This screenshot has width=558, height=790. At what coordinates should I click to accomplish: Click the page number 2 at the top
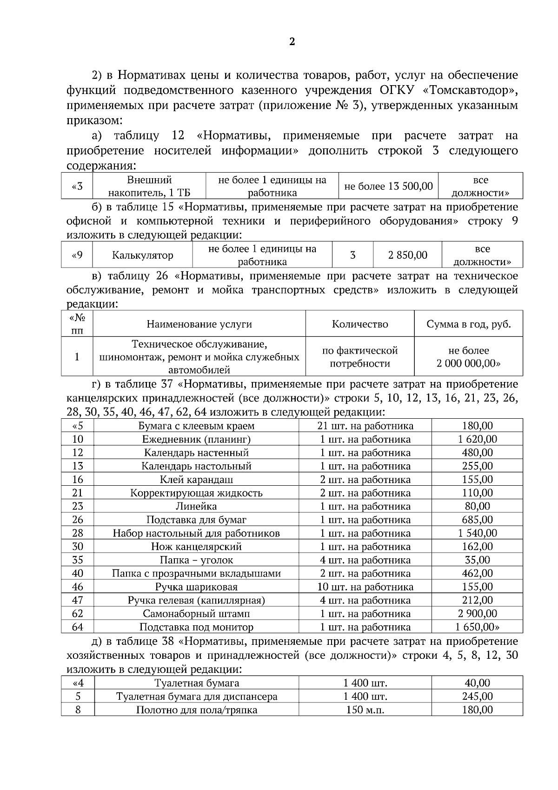(292, 42)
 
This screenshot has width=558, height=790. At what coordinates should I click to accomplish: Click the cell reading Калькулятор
(142, 255)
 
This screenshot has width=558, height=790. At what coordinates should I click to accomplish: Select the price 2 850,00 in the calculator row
(407, 255)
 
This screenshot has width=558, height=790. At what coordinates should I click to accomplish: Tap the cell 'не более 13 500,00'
(388, 187)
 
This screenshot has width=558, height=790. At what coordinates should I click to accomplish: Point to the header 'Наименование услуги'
(199, 324)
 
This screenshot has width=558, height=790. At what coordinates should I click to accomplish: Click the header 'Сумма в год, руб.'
(468, 324)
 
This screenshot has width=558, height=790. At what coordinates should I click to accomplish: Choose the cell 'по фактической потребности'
(359, 357)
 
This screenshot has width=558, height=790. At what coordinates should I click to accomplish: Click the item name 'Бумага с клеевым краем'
(196, 426)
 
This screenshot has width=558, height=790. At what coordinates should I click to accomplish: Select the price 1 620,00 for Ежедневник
(477, 439)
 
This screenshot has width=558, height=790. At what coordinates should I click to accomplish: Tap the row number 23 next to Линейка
(78, 506)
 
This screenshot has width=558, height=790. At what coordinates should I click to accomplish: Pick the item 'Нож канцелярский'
(196, 547)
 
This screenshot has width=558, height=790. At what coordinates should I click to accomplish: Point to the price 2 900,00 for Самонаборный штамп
(477, 614)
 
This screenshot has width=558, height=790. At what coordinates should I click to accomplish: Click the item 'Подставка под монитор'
(196, 627)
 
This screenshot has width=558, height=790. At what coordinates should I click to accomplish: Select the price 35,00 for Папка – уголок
(477, 560)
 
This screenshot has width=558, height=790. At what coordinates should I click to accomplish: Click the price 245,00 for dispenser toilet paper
(477, 696)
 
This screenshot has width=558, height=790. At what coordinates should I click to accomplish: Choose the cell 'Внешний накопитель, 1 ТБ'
(149, 187)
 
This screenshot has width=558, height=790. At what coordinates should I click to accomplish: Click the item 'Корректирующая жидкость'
(196, 493)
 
